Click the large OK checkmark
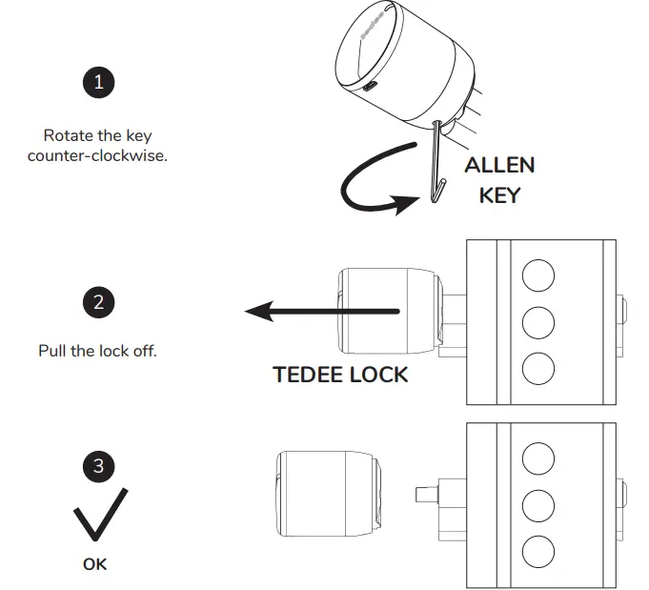pyautogui.click(x=98, y=516)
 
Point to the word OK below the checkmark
pyautogui.click(x=95, y=564)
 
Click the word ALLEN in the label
pyautogui.click(x=498, y=165)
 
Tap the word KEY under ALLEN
pyautogui.click(x=498, y=196)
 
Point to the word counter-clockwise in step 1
pyautogui.click(x=97, y=155)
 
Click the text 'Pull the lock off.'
pyautogui.click(x=97, y=351)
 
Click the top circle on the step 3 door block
pyautogui.click(x=539, y=458)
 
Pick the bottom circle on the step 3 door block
pyautogui.click(x=539, y=549)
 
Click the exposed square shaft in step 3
pyautogui.click(x=425, y=495)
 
